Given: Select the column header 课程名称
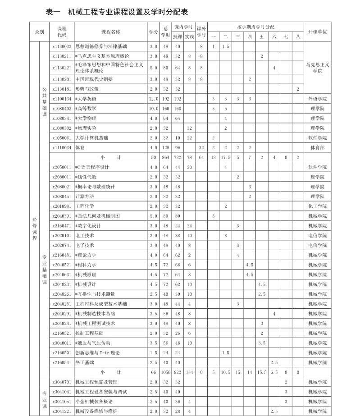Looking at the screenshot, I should coord(110,32).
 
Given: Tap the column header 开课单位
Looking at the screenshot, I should coord(317,32).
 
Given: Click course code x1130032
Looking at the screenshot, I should coord(62,46).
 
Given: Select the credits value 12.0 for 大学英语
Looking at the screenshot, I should coord(154,99).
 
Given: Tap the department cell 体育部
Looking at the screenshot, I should coord(317,148).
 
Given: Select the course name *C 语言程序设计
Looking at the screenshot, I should coord(92,167).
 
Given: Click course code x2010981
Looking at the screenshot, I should coord(62,206).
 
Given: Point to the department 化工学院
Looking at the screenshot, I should coord(317,206).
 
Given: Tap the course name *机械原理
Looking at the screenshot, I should coord(86,274).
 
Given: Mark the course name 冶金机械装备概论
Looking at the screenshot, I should coord(94,402).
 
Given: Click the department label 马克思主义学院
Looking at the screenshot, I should coord(317,68).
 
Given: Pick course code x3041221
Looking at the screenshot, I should coord(62,411).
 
